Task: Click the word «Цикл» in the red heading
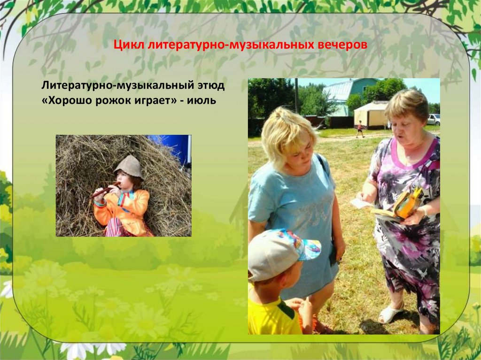click(x=130, y=46)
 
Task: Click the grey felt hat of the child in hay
click(x=129, y=166)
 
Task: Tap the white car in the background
click(x=433, y=119)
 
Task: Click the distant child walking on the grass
click(x=359, y=129)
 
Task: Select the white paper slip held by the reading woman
click(x=361, y=203)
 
